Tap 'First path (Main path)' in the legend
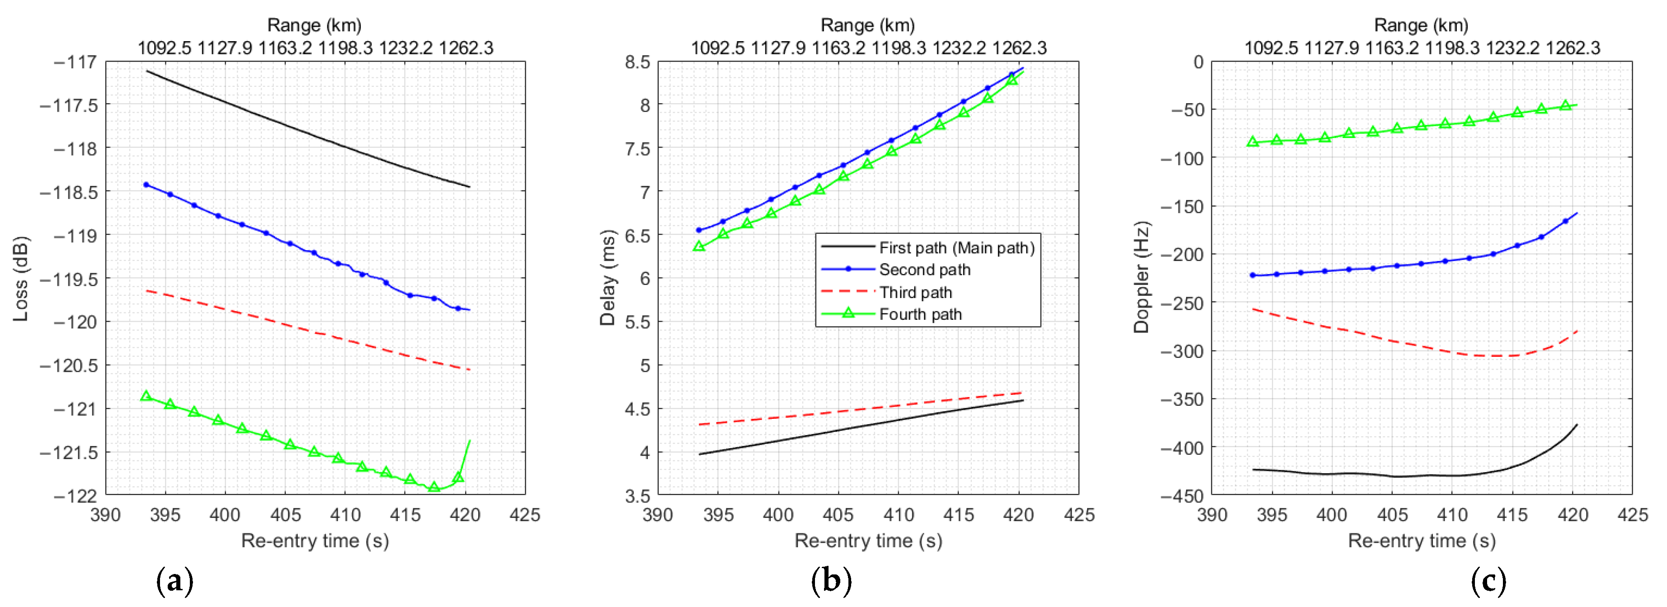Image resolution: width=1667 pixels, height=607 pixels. (x=956, y=247)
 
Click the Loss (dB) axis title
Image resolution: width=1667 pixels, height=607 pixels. (x=21, y=279)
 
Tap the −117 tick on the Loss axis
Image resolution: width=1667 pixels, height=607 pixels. (x=75, y=62)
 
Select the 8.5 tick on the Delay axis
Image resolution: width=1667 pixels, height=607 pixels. (x=637, y=62)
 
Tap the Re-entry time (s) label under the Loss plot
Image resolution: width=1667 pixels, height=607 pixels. (x=315, y=540)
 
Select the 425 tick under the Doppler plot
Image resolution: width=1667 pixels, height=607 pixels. (x=1632, y=515)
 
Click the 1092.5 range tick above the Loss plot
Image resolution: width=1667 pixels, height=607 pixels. (x=165, y=48)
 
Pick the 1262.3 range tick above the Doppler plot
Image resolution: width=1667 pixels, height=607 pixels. (x=1573, y=48)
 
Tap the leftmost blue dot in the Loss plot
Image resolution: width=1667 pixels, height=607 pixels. (x=146, y=185)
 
